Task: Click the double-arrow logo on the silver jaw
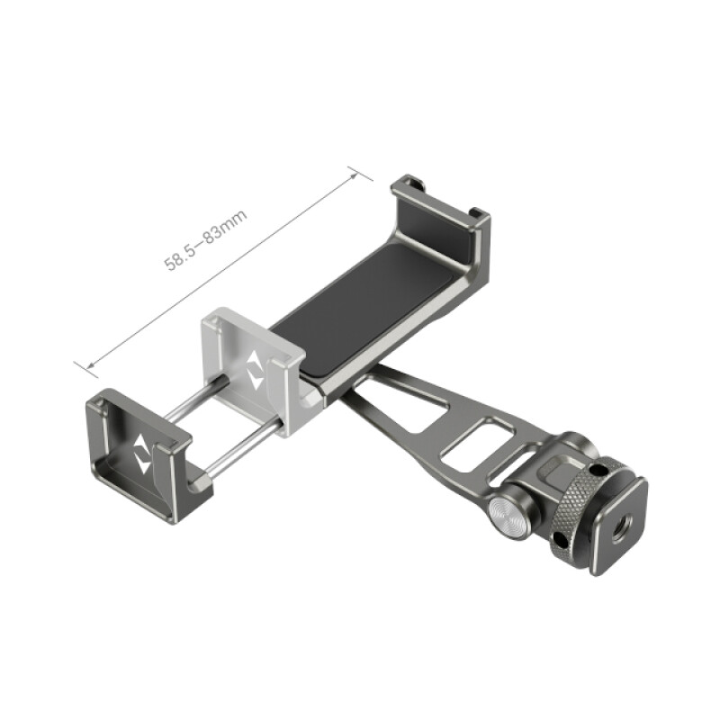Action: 256,369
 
